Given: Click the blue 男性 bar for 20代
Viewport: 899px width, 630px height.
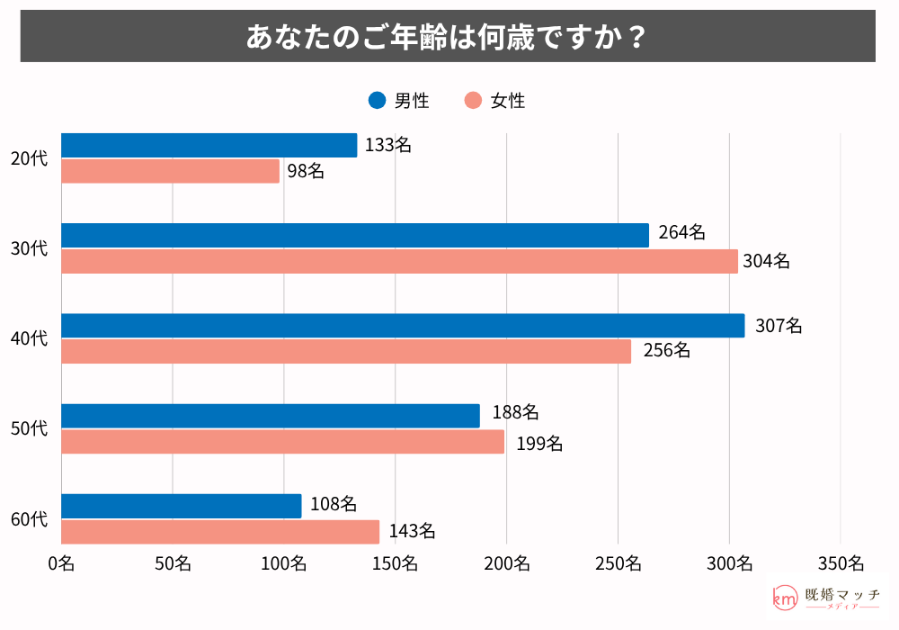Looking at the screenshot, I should tap(209, 146).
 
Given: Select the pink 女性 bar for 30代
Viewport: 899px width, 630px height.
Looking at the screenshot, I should tap(399, 262).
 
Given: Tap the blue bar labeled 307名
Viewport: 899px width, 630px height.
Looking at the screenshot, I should tap(403, 326).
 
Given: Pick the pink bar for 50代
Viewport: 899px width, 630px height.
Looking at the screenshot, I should tap(282, 442).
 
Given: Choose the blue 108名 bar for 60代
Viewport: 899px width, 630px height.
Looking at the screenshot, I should tap(182, 506).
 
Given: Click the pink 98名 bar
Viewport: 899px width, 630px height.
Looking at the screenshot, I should tap(170, 171).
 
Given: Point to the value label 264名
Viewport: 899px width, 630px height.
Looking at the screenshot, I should tap(681, 233).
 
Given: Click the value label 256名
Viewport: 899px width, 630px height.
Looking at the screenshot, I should tap(666, 350).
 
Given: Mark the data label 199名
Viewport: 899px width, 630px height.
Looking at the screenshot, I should tap(539, 443).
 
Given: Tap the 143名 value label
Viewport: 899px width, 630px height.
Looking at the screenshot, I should tap(412, 532).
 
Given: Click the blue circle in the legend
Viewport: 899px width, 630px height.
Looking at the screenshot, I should tap(378, 101).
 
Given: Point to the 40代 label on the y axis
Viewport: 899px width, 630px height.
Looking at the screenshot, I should tap(29, 338).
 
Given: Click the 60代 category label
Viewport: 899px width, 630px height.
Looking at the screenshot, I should tap(29, 519).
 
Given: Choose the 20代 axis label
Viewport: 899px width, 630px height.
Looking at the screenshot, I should tap(29, 159).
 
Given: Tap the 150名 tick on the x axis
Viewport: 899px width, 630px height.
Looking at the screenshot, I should tap(395, 564).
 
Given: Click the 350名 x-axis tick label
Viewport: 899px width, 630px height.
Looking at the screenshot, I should tap(840, 564).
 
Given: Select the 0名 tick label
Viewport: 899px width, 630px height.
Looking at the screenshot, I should tap(61, 564).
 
